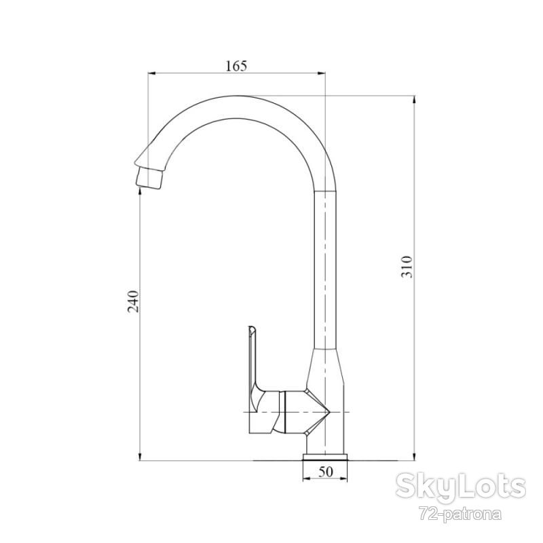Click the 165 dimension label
(x=236, y=66)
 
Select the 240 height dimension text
(x=133, y=301)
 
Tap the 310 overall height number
(x=407, y=267)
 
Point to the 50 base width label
(x=326, y=472)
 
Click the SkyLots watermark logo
(x=461, y=487)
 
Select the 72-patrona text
(x=461, y=514)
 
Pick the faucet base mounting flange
(x=325, y=457)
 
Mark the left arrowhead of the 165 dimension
(x=152, y=73)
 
